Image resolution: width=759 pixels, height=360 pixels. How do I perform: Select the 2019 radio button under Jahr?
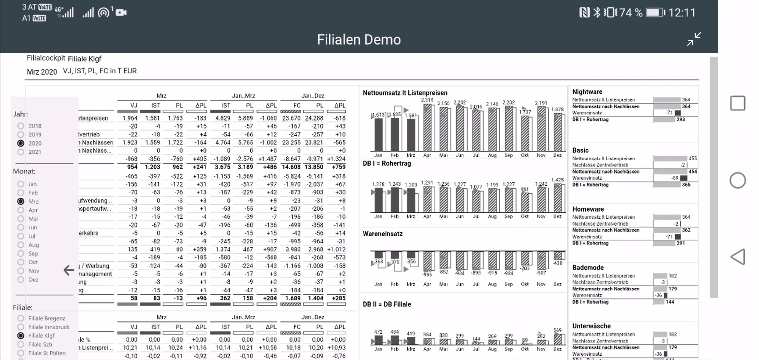pyautogui.click(x=21, y=134)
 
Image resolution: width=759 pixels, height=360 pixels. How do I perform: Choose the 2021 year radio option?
pyautogui.click(x=21, y=152)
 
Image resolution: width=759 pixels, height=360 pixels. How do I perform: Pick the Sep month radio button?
pyautogui.click(x=21, y=253)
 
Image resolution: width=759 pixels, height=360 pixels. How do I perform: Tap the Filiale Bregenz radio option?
pyautogui.click(x=21, y=318)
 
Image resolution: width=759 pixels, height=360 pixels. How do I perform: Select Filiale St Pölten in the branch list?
pyautogui.click(x=21, y=353)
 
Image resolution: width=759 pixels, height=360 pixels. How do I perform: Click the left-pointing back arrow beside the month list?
pyautogui.click(x=69, y=270)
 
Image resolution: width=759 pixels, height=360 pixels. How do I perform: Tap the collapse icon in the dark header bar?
pyautogui.click(x=694, y=39)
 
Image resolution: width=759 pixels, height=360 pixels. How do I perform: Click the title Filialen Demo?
pyautogui.click(x=359, y=40)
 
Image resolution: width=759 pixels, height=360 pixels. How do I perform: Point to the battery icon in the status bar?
pyautogui.click(x=655, y=13)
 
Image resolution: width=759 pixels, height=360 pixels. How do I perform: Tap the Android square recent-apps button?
pyautogui.click(x=738, y=103)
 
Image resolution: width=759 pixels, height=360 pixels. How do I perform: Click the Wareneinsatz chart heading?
pyautogui.click(x=383, y=234)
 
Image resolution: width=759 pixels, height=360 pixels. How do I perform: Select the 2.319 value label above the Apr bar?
pyautogui.click(x=427, y=100)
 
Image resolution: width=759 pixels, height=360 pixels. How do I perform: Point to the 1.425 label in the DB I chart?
pyautogui.click(x=557, y=180)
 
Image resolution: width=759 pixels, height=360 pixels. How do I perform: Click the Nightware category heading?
pyautogui.click(x=587, y=92)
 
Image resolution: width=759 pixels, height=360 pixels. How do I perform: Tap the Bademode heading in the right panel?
pyautogui.click(x=588, y=267)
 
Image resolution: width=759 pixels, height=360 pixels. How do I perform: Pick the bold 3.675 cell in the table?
pyautogui.click(x=223, y=167)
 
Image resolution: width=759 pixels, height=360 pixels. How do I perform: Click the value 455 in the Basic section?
pyautogui.click(x=692, y=159)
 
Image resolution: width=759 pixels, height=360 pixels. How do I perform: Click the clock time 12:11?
pyautogui.click(x=682, y=13)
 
